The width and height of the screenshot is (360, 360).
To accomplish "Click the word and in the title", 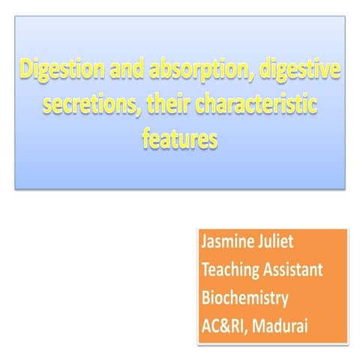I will (124, 73).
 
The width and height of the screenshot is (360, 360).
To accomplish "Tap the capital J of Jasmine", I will (205, 244).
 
